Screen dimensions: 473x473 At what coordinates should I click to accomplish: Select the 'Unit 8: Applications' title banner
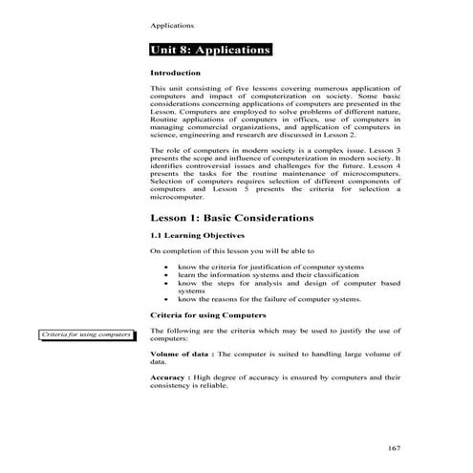click(x=211, y=50)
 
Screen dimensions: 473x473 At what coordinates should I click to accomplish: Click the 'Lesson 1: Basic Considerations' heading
click(x=232, y=218)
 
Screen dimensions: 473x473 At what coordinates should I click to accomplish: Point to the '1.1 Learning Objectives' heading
click(x=198, y=235)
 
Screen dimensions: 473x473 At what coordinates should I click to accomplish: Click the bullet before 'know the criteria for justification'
click(x=168, y=265)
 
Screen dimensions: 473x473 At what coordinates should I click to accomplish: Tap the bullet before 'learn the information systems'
click(x=168, y=274)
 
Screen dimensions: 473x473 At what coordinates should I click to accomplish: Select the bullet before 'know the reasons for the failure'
click(x=168, y=300)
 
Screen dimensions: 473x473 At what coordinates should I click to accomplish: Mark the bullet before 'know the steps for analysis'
click(x=168, y=283)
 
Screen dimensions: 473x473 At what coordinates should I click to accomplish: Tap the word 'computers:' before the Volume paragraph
click(x=171, y=339)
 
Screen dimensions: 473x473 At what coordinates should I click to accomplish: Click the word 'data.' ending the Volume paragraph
click(x=160, y=363)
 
